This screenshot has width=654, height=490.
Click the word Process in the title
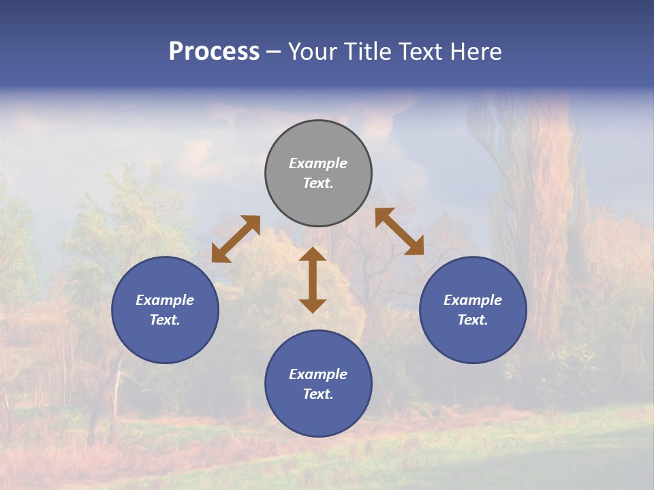pyautogui.click(x=214, y=52)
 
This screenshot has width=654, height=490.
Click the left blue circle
pyautogui.click(x=165, y=310)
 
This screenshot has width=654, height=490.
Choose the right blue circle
pyautogui.click(x=473, y=310)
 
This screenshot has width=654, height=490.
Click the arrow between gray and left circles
pyautogui.click(x=236, y=239)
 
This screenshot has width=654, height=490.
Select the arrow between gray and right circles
pyautogui.click(x=399, y=232)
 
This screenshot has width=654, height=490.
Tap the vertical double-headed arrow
pyautogui.click(x=313, y=280)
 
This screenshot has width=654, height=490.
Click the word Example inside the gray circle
pyautogui.click(x=318, y=163)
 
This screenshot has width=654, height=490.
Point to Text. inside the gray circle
pyautogui.click(x=318, y=183)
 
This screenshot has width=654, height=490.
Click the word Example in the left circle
pyautogui.click(x=165, y=300)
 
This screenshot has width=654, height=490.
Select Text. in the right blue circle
pyautogui.click(x=473, y=320)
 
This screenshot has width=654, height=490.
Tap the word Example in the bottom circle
pyautogui.click(x=318, y=374)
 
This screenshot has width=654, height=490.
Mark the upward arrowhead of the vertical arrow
pyautogui.click(x=313, y=254)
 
